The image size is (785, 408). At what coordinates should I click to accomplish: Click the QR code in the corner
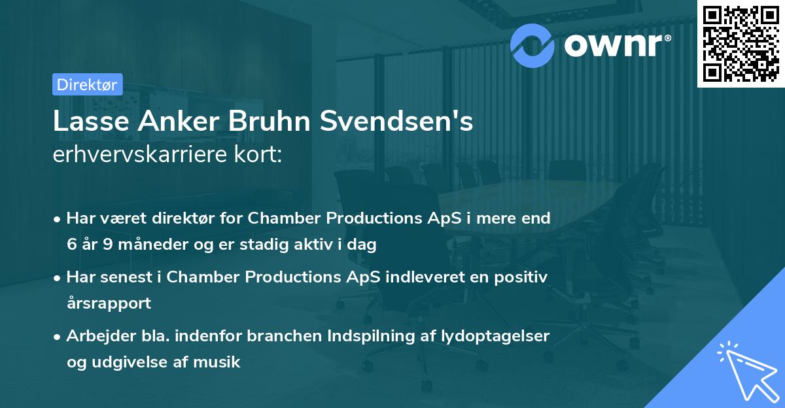pyautogui.click(x=739, y=44)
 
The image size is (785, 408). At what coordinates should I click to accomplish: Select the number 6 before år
pyautogui.click(x=71, y=245)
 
